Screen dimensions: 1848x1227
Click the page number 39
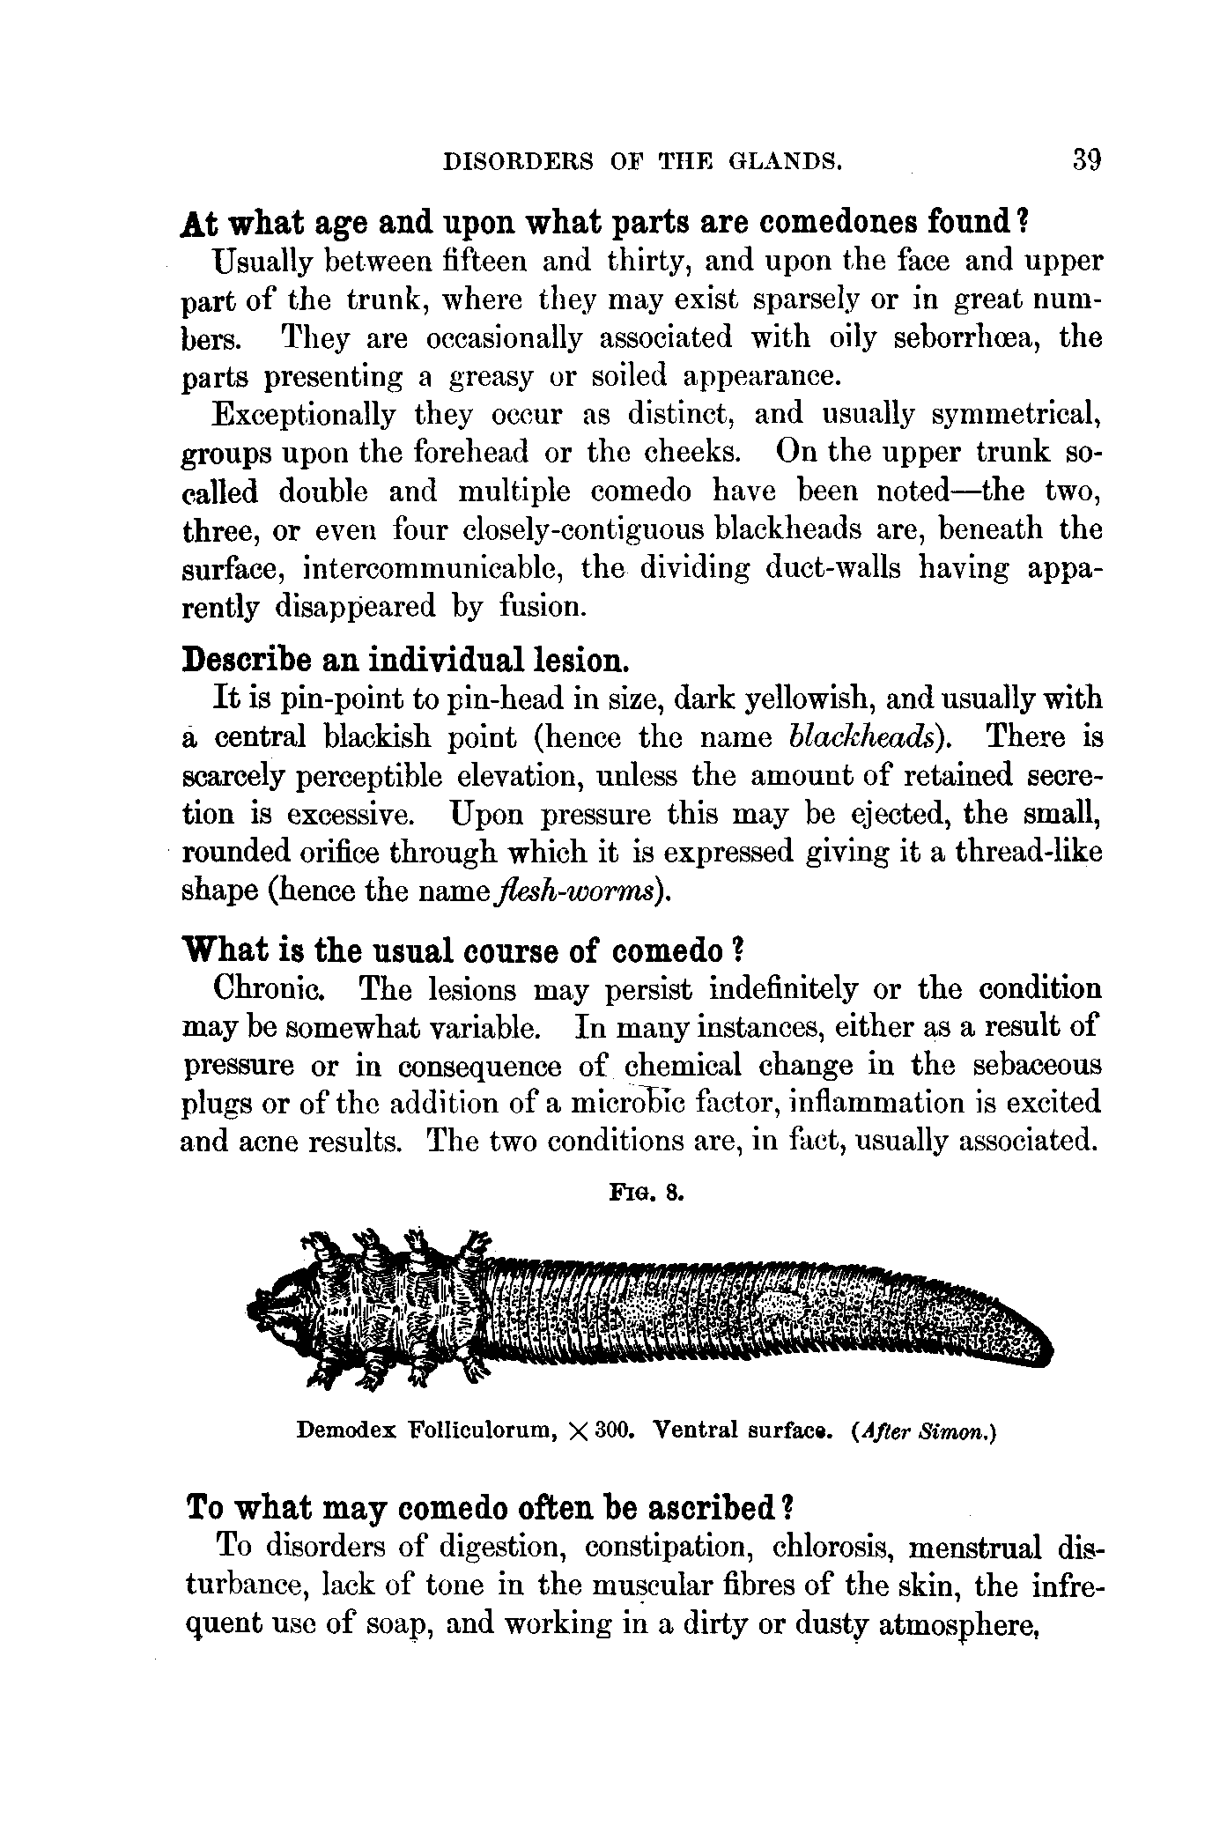pos(1087,161)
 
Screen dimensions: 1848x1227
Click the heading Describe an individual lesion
pos(404,659)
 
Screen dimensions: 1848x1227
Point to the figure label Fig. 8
pos(645,1195)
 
